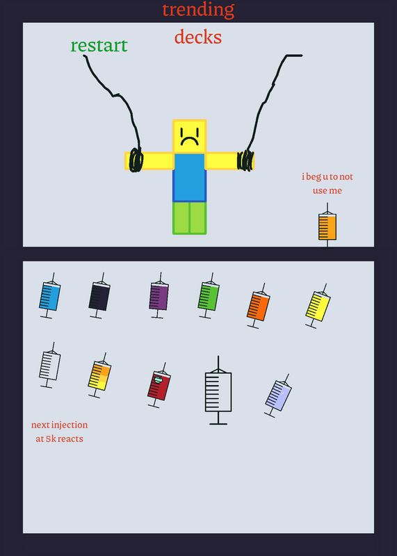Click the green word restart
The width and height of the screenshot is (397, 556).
coord(99,45)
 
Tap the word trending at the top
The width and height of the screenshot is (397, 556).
coord(198,10)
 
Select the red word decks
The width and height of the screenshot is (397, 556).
coord(198,38)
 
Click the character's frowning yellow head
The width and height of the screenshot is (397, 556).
coord(189,136)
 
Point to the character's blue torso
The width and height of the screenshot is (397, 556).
coord(189,178)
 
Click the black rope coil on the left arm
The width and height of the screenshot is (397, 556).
coord(136,161)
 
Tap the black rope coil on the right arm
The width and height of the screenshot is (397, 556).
coord(245,161)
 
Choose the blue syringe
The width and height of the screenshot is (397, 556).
coord(49,296)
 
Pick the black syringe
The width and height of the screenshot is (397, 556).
coord(99,296)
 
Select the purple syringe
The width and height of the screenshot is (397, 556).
coord(159,295)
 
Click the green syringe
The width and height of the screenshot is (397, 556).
coord(209,296)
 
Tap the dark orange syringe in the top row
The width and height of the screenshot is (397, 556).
coord(258,306)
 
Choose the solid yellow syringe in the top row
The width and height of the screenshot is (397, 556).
coord(318,306)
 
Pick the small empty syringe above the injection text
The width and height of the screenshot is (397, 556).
coord(49,366)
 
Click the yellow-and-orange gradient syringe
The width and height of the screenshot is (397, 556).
coord(99,375)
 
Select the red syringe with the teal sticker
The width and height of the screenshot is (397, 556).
coord(159,386)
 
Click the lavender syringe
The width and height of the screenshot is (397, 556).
coord(279,395)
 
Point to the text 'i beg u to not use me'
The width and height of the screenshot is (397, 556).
coord(327,183)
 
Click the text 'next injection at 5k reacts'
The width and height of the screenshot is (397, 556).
coord(60,432)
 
